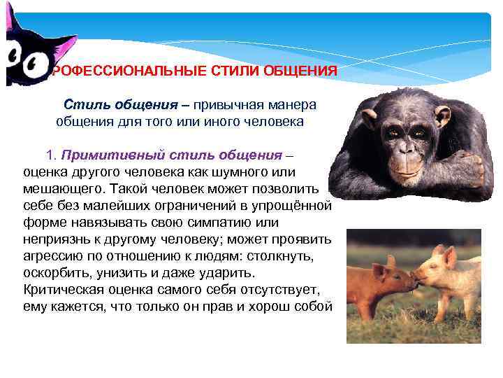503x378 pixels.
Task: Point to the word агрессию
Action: [53, 256]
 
